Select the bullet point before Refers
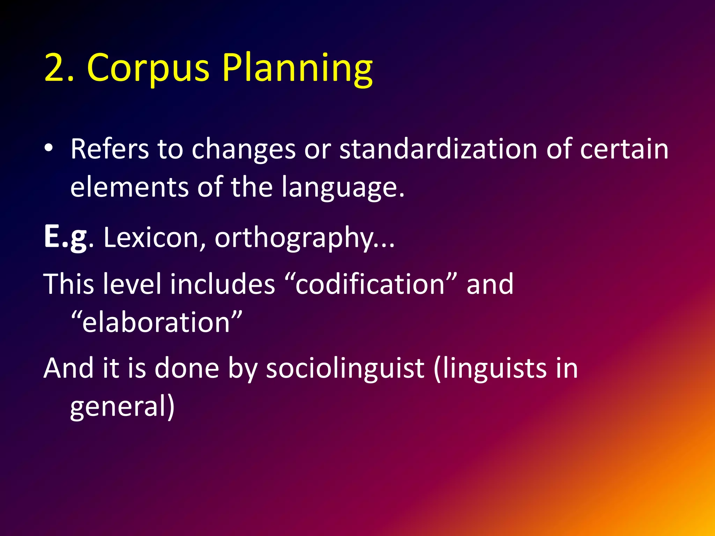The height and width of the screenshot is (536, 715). pyautogui.click(x=49, y=148)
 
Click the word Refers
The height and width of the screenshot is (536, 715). pyautogui.click(x=110, y=149)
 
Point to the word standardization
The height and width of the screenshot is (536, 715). pyautogui.click(x=438, y=149)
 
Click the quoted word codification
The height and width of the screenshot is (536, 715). pyautogui.click(x=370, y=284)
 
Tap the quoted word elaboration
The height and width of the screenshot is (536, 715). pyautogui.click(x=156, y=322)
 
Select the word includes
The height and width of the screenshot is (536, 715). pyautogui.click(x=222, y=284)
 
